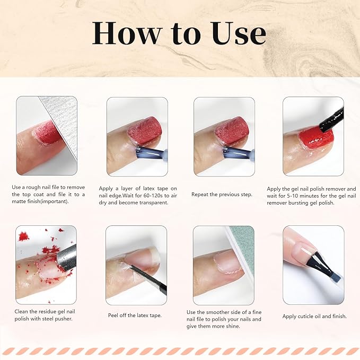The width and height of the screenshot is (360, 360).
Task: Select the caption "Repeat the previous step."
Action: pos(222,195)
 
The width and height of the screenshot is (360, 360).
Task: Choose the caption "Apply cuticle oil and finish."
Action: pos(314,316)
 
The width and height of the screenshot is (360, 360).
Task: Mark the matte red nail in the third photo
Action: pos(232,130)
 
